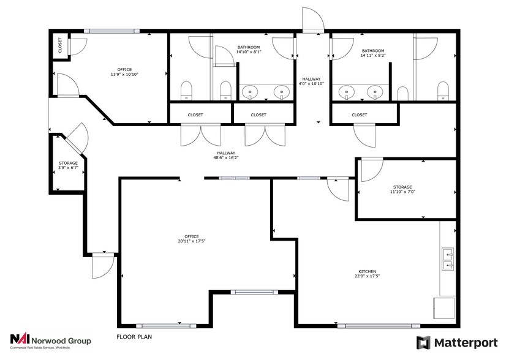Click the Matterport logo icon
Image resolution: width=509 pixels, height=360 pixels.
pyautogui.click(x=423, y=342)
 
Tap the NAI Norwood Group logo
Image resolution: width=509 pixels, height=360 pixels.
pyautogui.click(x=51, y=342)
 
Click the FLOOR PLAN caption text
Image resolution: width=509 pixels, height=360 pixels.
pyautogui.click(x=134, y=337)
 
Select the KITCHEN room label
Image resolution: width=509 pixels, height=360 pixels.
pyautogui.click(x=367, y=271)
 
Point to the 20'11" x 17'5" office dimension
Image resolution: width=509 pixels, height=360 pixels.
pyautogui.click(x=192, y=241)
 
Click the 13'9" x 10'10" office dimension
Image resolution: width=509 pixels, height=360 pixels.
pyautogui.click(x=125, y=74)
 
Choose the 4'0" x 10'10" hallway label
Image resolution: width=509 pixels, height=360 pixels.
pyautogui.click(x=311, y=81)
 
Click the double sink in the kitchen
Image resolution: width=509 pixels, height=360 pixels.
pyautogui.click(x=448, y=260)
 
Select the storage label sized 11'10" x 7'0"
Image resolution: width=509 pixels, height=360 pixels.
pyautogui.click(x=402, y=190)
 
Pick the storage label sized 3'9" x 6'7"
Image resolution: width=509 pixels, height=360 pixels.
pyautogui.click(x=68, y=165)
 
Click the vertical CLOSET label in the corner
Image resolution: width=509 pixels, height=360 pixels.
pyautogui.click(x=60, y=45)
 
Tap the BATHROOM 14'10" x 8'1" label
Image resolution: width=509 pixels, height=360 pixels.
pyautogui.click(x=249, y=50)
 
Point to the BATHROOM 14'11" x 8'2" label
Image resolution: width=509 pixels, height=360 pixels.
pyautogui.click(x=373, y=53)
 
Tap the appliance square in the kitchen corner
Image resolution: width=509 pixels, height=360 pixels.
pyautogui.click(x=443, y=308)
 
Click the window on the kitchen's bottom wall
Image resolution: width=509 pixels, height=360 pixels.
pyautogui.click(x=379, y=326)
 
